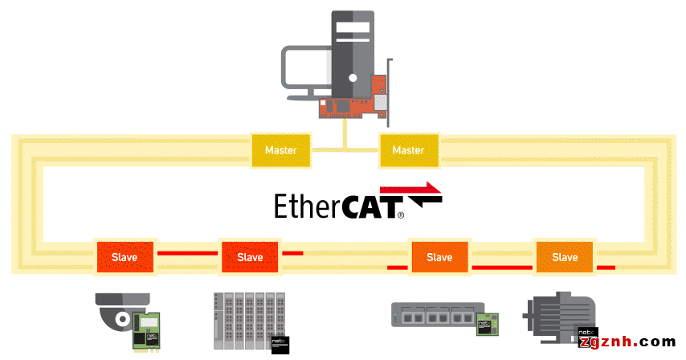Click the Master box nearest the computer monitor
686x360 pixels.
tap(280, 150)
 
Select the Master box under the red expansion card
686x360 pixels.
tap(407, 150)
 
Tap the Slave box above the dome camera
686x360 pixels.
tap(124, 257)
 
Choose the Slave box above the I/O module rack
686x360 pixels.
tap(250, 257)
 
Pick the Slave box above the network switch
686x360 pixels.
tap(439, 257)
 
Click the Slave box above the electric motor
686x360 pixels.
tap(565, 257)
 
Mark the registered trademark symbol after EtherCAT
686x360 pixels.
tap(401, 215)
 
